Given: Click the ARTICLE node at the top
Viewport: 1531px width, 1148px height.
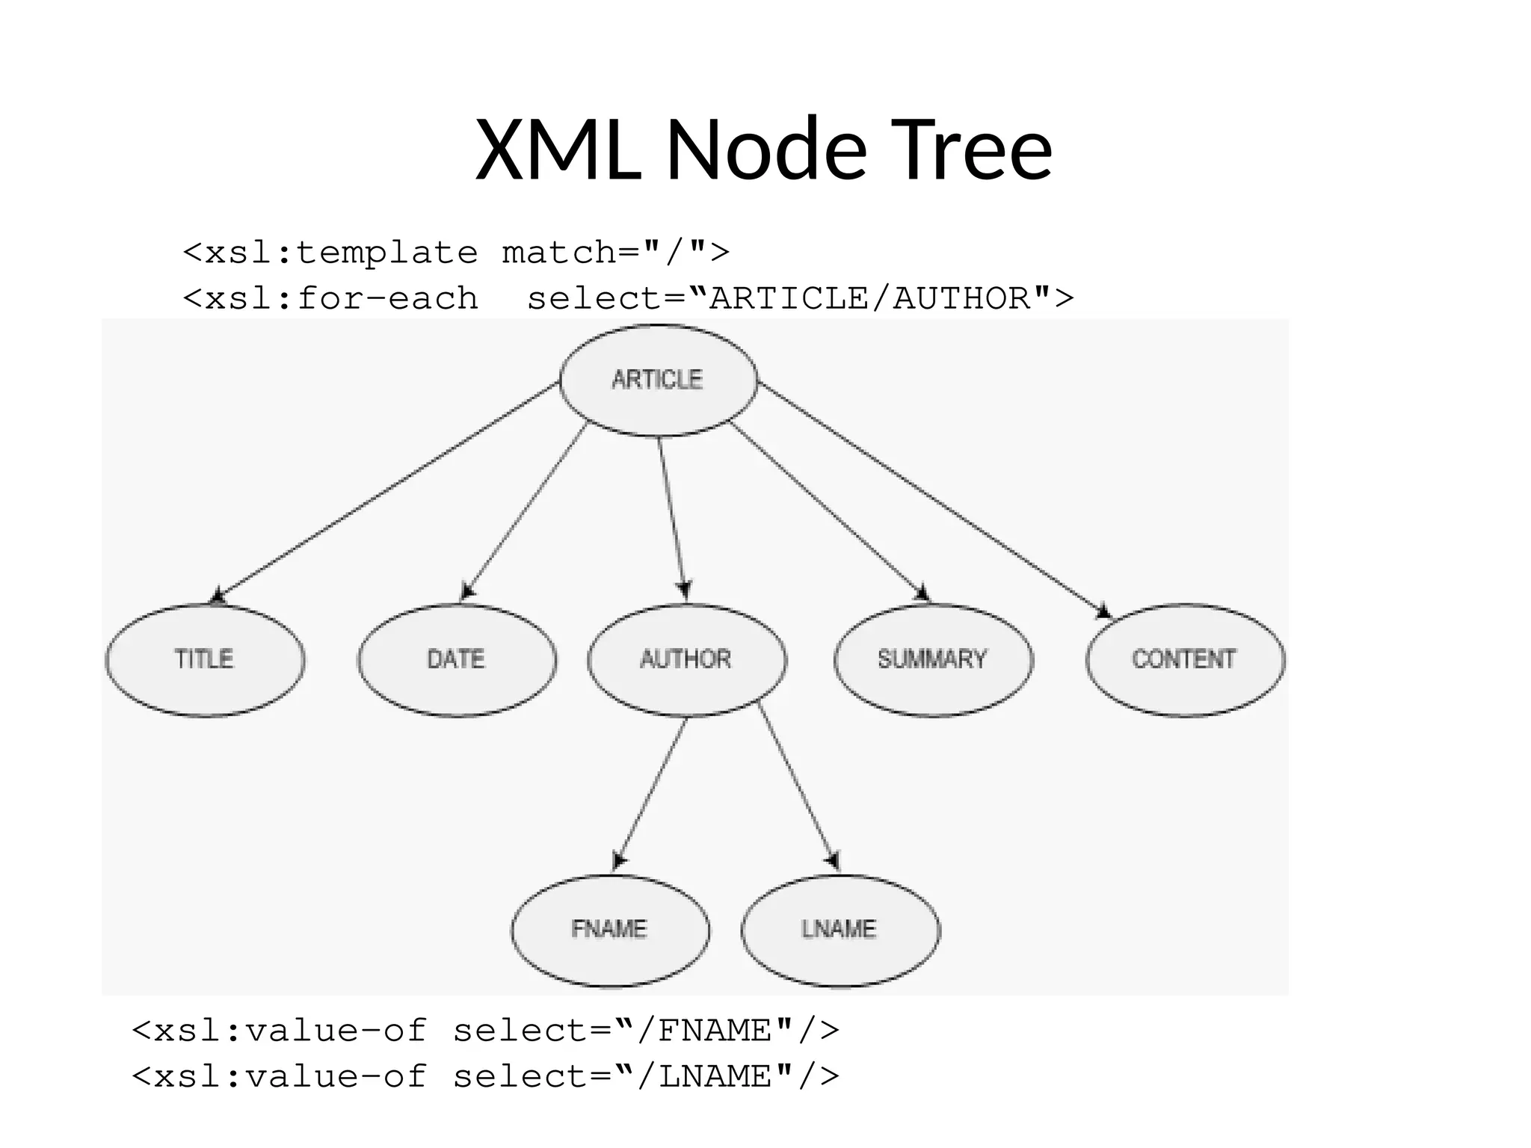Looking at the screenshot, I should tap(658, 380).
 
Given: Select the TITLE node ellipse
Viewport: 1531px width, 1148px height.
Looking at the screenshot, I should tap(205, 659).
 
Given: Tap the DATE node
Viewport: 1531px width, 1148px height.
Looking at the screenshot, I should tap(457, 659).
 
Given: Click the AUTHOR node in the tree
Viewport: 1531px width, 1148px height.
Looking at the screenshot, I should tap(686, 659).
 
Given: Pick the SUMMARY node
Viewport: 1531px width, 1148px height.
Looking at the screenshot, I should tap(933, 659).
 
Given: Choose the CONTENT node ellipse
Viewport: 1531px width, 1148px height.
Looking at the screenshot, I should tap(1185, 659).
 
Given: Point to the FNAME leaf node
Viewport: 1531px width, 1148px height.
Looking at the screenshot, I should tap(610, 929).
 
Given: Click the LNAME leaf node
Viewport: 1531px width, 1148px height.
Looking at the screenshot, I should tap(840, 929).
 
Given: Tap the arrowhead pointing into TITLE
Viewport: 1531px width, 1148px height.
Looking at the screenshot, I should tap(218, 596).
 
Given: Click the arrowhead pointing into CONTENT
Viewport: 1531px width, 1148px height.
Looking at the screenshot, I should tap(1103, 611).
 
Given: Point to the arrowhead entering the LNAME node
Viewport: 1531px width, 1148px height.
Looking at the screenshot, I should tap(833, 860).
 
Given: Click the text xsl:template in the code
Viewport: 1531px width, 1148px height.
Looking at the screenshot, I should tap(341, 253).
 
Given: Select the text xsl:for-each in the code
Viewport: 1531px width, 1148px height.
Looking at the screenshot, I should tap(341, 299).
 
